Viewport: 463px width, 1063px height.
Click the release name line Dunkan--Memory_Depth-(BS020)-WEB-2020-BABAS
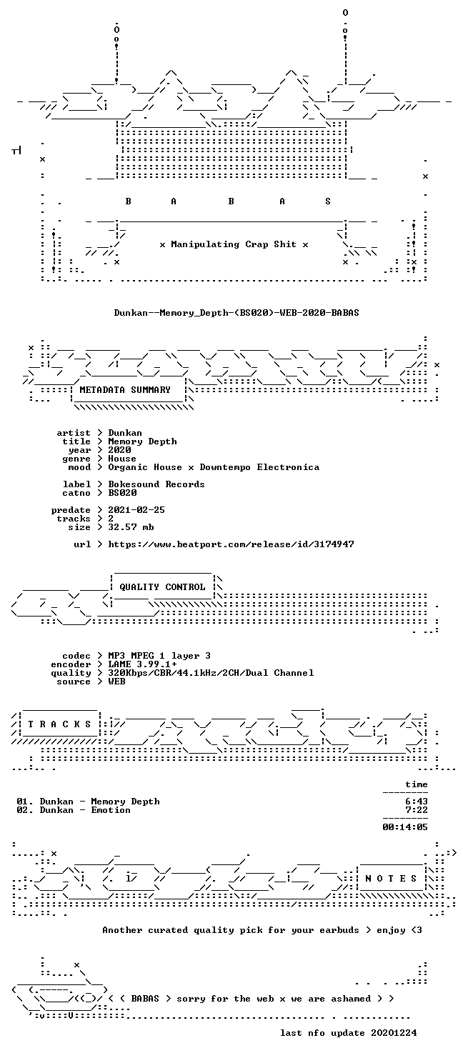coord(237,313)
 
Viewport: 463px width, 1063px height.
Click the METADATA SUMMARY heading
coord(125,389)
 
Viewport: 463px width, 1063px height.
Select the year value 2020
coord(119,450)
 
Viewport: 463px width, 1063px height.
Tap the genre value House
coord(122,459)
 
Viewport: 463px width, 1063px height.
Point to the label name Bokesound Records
coord(156,484)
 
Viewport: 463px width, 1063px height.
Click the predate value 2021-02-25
coord(136,509)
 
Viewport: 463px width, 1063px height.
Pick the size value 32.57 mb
coord(131,526)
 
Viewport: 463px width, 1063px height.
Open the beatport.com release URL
coord(231,544)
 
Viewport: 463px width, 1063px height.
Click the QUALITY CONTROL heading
coord(162,587)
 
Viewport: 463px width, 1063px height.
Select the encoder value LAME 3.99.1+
coord(142,664)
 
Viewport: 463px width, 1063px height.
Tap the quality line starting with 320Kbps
coord(211,673)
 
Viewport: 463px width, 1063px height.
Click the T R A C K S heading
coord(59,724)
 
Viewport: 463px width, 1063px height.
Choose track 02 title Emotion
coord(111,810)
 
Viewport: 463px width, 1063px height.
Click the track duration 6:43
coord(417,802)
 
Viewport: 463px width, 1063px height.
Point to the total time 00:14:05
coord(405,827)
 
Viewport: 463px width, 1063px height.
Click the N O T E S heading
coord(391,879)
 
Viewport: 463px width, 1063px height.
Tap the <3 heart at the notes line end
coord(417,930)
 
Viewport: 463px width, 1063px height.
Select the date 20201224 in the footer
coord(394,1033)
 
